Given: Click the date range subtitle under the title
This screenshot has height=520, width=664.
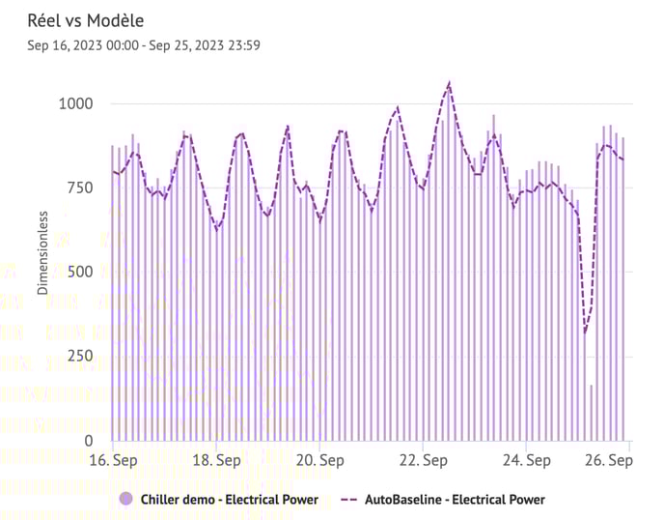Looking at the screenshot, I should pos(144,44).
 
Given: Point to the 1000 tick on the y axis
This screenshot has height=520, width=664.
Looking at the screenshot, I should pos(75,103).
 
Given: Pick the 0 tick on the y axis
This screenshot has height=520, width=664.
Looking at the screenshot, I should pos(89,441).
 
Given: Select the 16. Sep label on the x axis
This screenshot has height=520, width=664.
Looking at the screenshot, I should pos(112,461).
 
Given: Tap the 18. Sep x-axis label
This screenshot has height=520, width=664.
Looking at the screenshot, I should pos(216,461).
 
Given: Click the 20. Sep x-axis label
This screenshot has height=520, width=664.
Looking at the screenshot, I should pos(319,461).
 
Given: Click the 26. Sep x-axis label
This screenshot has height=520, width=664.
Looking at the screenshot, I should pos(609,461).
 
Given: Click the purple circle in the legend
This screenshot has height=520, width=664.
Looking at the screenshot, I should pos(125,500).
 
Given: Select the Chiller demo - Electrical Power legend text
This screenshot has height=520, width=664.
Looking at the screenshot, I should pos(229,500).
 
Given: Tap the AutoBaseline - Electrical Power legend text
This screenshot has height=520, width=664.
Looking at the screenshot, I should pos(456,500).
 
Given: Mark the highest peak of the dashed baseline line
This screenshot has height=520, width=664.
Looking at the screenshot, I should pos(449,84).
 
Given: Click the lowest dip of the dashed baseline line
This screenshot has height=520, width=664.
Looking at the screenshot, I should pos(585,332).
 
